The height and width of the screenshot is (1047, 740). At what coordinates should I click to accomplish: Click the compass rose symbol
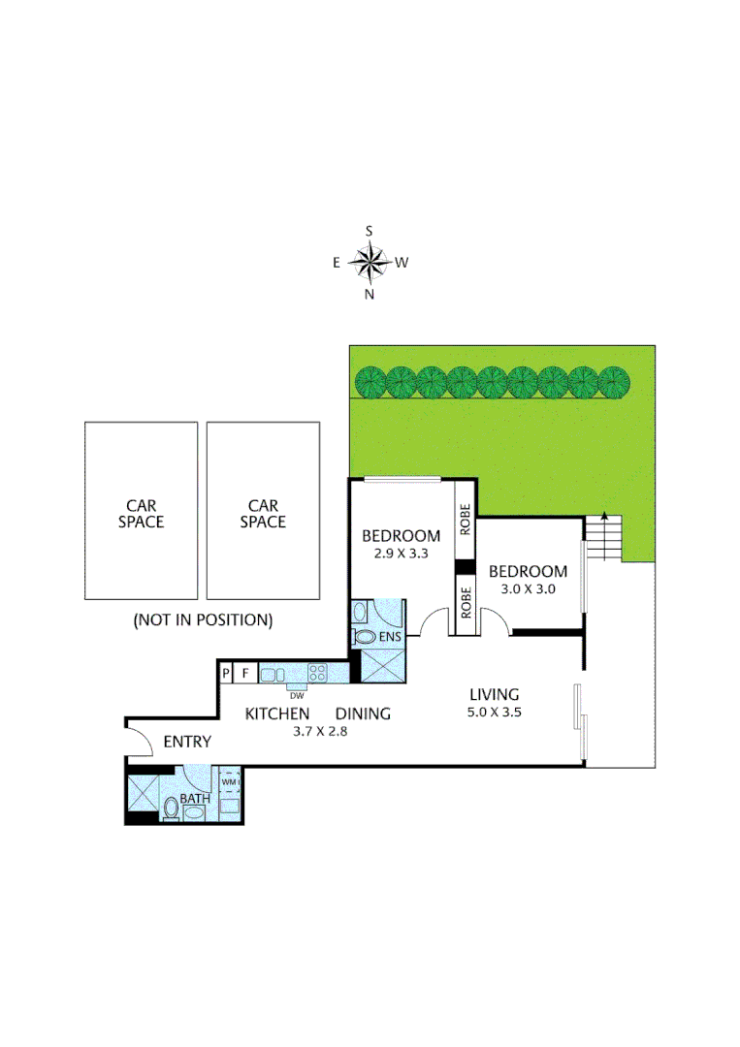click(x=369, y=262)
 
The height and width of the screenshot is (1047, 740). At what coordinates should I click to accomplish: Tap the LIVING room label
click(x=495, y=694)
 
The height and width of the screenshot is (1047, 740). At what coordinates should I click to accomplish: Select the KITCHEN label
click(x=276, y=714)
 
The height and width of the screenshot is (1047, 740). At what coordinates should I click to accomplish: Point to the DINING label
click(x=363, y=714)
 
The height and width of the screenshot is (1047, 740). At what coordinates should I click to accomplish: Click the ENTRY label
click(x=187, y=743)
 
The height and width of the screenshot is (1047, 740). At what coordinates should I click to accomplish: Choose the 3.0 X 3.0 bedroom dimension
click(x=528, y=588)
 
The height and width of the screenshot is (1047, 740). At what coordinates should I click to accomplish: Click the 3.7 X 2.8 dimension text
click(x=320, y=732)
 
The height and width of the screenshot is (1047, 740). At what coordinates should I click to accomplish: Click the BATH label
click(x=195, y=799)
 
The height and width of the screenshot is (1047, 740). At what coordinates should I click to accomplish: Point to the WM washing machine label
click(x=229, y=781)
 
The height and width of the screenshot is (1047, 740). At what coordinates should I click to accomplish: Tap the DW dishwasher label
click(x=296, y=694)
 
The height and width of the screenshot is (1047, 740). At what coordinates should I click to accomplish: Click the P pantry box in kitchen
click(x=226, y=672)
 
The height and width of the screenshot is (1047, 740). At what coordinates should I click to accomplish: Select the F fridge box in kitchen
click(x=245, y=672)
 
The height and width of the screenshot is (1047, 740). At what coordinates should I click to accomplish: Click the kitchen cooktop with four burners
click(x=317, y=672)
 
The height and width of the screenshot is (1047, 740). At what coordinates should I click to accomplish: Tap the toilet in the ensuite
click(x=366, y=637)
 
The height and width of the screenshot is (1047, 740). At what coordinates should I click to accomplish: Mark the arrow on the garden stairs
click(x=604, y=518)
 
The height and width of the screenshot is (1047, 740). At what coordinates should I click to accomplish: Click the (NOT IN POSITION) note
click(x=203, y=619)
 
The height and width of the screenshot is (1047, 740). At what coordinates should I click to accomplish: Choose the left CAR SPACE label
click(x=140, y=514)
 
